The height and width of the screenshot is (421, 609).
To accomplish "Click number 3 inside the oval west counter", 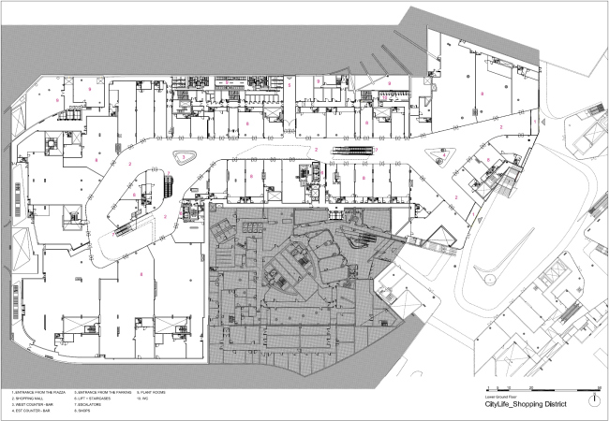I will click(x=185, y=155).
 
